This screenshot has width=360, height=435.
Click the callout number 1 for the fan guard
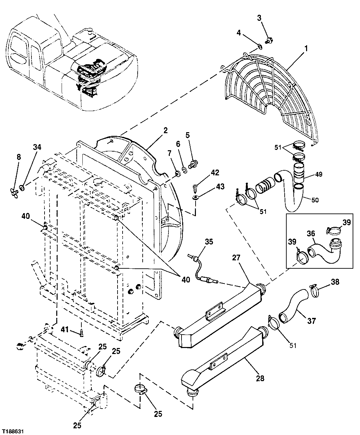(305, 48)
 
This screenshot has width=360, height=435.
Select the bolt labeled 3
(268, 41)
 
